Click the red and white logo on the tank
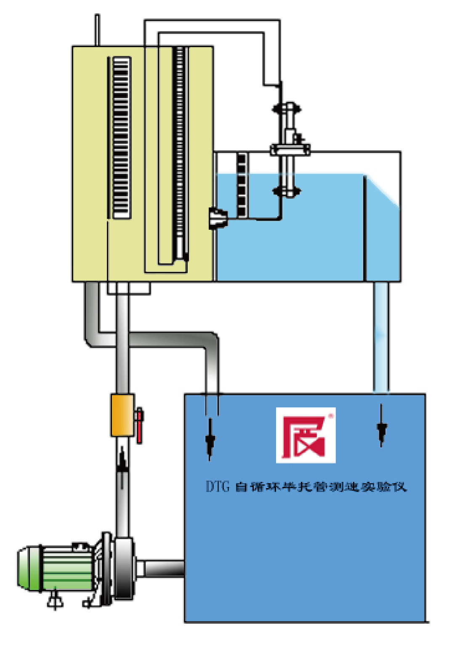306,435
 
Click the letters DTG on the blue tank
218,486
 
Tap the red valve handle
139,425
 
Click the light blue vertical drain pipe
381,337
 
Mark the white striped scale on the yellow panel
122,138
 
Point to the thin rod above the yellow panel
97,30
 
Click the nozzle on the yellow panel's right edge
218,218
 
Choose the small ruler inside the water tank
242,185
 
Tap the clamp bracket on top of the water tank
290,149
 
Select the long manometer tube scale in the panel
180,152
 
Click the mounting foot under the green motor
55,599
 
